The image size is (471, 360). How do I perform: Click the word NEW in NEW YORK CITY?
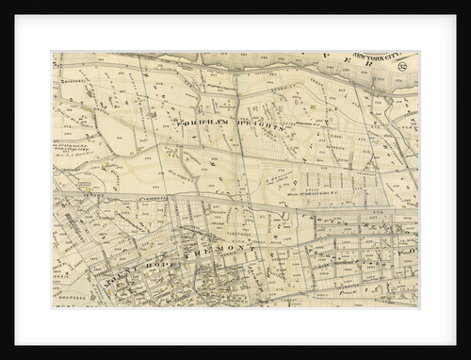point(349,57)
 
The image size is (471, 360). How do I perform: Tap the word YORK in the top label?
point(366,57)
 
